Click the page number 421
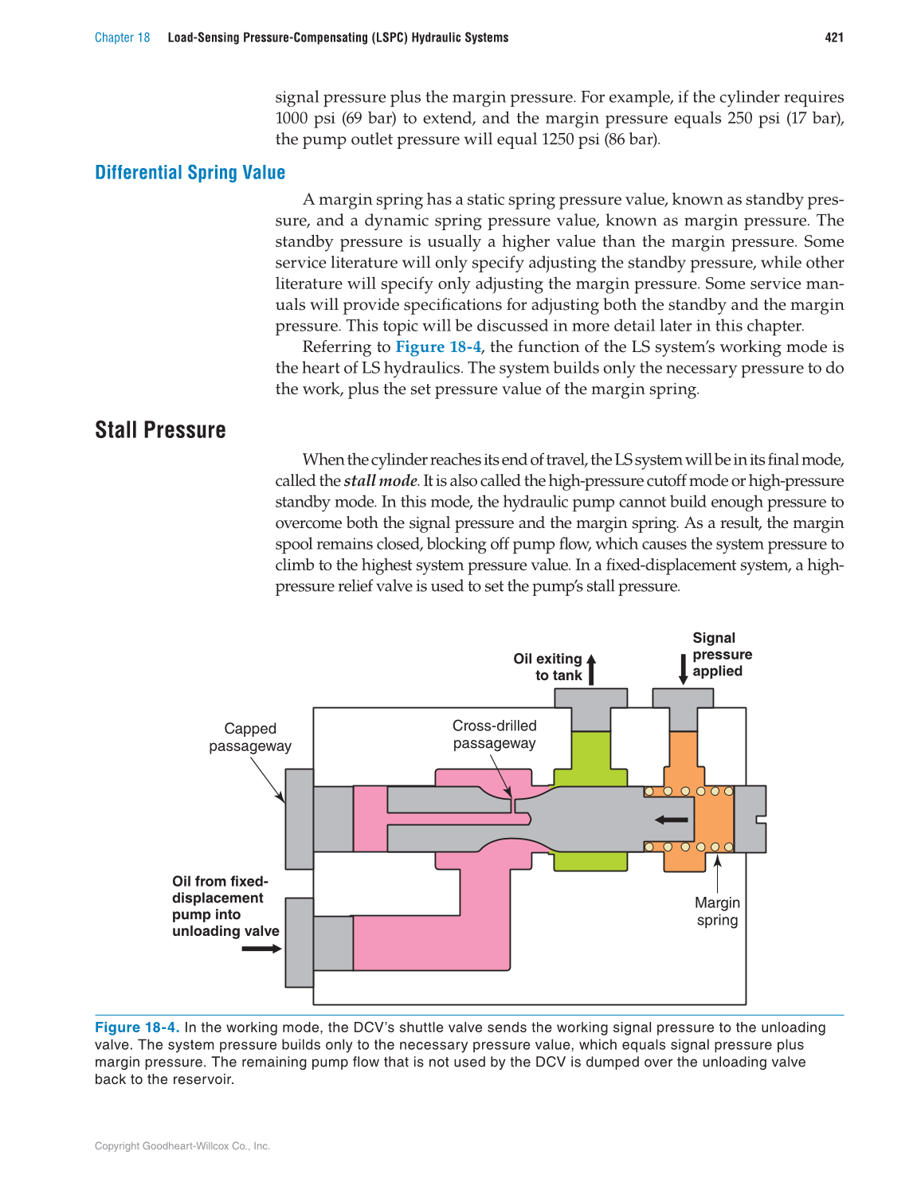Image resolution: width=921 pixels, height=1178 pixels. tap(833, 37)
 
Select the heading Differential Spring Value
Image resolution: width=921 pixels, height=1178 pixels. tap(190, 173)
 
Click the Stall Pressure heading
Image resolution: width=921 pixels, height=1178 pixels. tap(160, 430)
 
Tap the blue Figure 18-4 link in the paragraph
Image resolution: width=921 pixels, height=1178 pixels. tap(438, 346)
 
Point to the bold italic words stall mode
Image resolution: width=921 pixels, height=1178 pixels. tap(380, 480)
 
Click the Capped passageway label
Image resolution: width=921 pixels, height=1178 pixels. tap(250, 737)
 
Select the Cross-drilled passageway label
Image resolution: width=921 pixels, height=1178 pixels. tap(494, 734)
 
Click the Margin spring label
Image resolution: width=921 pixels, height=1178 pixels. tap(717, 911)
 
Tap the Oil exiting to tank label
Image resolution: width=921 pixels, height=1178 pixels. tap(548, 667)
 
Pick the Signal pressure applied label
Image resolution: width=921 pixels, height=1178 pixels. tap(721, 654)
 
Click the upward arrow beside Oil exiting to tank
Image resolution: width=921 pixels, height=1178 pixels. tap(591, 669)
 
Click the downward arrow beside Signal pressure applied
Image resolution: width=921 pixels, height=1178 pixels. tap(683, 669)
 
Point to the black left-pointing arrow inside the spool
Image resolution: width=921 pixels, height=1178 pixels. tap(671, 820)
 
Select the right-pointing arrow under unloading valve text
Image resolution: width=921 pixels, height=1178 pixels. tap(261, 949)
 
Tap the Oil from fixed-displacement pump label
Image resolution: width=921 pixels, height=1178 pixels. tap(225, 906)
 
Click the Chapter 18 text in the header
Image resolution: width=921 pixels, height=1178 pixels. tap(122, 37)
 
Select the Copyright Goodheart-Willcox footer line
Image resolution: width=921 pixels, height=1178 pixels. tap(182, 1146)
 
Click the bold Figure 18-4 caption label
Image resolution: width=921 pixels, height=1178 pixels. tap(136, 1027)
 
